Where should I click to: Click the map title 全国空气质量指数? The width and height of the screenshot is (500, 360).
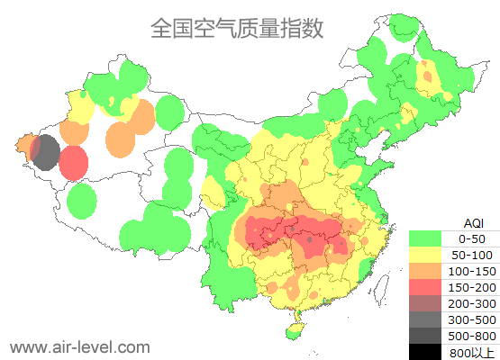(236, 28)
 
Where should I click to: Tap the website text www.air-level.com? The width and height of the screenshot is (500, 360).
(79, 346)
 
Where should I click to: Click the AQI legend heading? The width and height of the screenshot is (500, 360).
(473, 222)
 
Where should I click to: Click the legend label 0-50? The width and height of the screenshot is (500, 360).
(472, 238)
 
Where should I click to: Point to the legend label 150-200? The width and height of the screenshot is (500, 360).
(472, 287)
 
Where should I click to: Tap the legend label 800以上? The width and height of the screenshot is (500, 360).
(472, 351)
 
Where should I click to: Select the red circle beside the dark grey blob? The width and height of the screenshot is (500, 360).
(74, 163)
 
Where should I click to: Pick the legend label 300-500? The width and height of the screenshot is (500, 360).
(472, 319)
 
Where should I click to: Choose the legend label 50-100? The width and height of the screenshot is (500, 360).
(472, 255)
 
